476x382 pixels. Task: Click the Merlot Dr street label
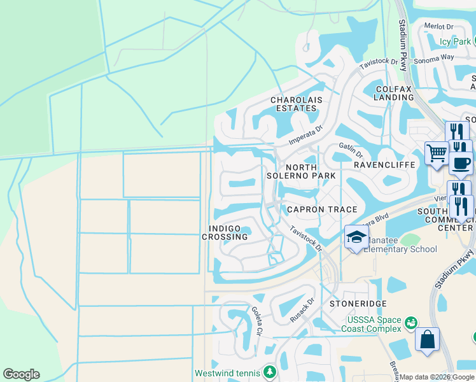coord(439,27)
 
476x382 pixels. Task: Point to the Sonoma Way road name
coord(434,58)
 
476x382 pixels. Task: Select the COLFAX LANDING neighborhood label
coord(394,93)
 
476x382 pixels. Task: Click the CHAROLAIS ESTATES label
coord(293,104)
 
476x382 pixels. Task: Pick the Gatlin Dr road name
coord(351,150)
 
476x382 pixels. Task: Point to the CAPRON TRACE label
coord(322,209)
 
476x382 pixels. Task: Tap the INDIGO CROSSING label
coord(225,232)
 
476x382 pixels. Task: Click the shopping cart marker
coord(437,153)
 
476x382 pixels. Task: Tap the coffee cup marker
coord(461,162)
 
